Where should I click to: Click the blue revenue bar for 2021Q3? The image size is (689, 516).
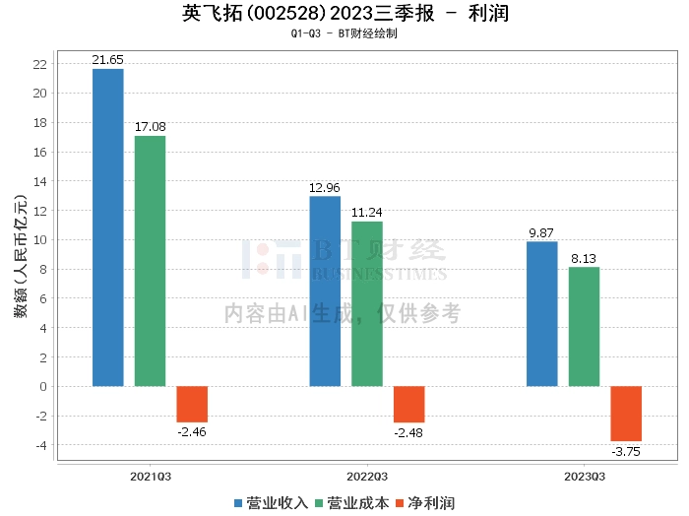[108, 227]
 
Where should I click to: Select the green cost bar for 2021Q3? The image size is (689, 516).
[150, 261]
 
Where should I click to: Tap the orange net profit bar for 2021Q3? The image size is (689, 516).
[192, 405]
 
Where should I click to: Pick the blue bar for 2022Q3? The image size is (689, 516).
[325, 291]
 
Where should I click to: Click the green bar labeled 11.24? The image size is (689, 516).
[367, 304]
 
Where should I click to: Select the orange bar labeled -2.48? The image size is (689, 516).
[409, 405]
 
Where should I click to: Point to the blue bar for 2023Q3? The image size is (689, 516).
[541, 314]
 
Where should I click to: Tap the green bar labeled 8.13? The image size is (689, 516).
[584, 327]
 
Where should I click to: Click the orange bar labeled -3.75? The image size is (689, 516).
[626, 414]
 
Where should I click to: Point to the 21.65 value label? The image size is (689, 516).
[107, 60]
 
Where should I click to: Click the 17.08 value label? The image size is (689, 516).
[151, 127]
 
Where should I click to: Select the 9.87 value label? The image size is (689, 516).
[541, 233]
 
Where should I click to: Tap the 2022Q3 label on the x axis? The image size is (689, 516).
[367, 477]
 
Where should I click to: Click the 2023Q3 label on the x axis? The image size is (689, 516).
[585, 477]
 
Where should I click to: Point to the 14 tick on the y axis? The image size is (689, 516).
[40, 181]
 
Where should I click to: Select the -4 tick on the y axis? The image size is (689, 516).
[41, 445]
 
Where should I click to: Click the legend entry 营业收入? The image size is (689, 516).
[271, 503]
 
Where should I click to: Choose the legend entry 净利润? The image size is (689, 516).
[425, 503]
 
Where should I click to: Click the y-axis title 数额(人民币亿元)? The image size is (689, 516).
[21, 255]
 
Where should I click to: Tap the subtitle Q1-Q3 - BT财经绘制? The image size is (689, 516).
[344, 33]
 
